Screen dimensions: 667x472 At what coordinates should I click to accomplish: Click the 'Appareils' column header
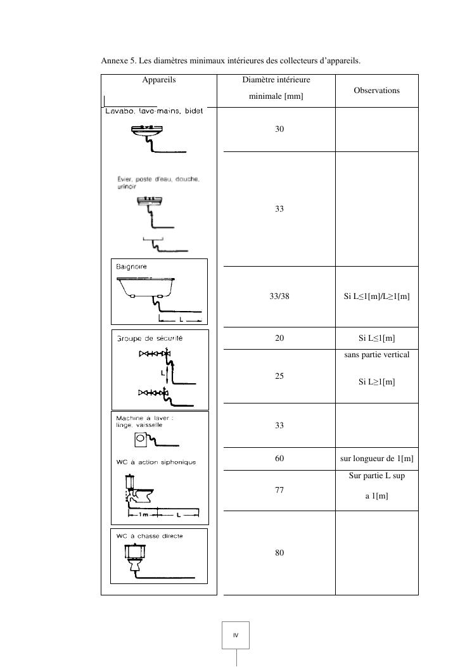[x=159, y=80]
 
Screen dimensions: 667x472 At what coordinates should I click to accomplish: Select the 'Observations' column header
[x=376, y=91]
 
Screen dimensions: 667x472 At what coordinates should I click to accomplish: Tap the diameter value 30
[x=279, y=129]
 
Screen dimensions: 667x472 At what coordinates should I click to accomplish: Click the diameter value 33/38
[x=279, y=296]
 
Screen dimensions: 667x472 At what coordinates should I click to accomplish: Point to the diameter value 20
[x=279, y=338]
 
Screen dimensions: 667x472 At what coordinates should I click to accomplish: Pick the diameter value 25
[x=279, y=376]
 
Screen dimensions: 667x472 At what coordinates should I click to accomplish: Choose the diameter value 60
[x=279, y=458]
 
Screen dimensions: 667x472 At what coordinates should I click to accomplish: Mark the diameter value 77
[x=279, y=490]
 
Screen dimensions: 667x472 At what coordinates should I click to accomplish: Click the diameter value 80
[x=279, y=552]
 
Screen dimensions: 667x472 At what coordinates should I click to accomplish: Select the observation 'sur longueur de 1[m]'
[x=376, y=458]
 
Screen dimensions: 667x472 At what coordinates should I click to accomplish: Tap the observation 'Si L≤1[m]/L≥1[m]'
[x=376, y=296]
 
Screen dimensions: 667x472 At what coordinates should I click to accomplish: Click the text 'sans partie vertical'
[x=376, y=355]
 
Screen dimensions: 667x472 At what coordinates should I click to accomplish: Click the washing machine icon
[x=141, y=440]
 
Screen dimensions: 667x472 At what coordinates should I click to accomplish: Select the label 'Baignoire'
[x=131, y=267]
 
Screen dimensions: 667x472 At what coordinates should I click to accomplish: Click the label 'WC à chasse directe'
[x=150, y=536]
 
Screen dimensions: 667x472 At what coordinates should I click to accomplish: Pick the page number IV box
[x=236, y=635]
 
